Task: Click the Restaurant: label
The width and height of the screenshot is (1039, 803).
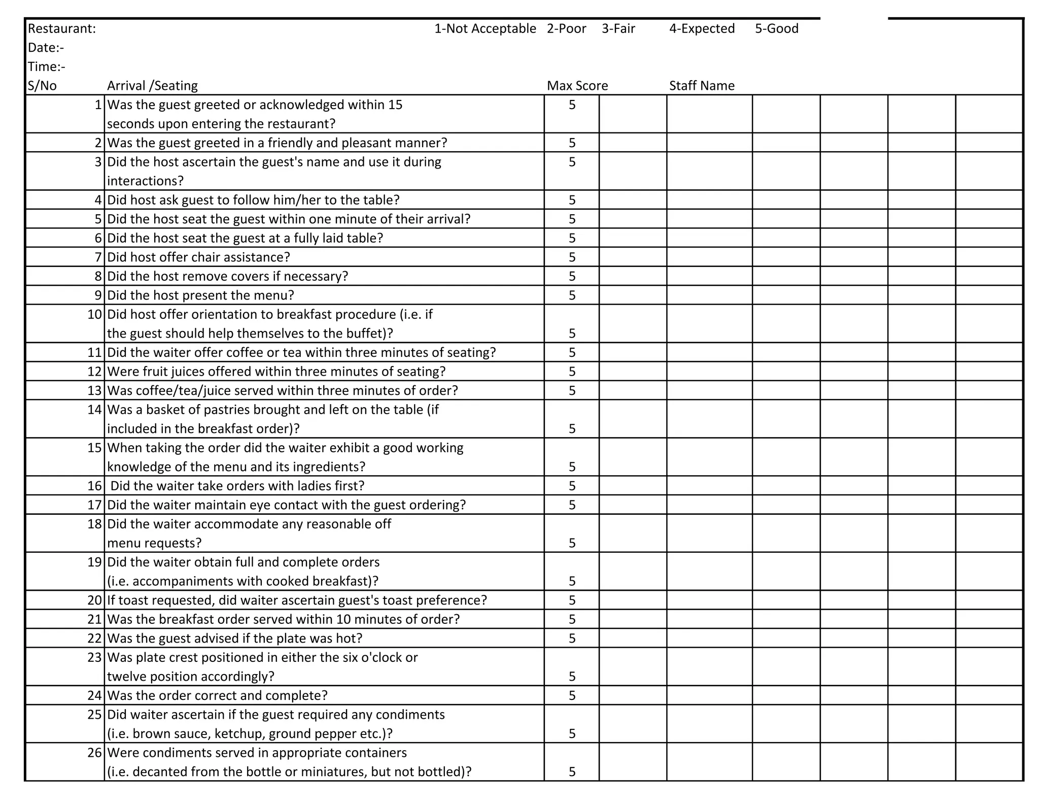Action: click(61, 29)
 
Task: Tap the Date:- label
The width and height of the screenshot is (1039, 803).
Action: click(46, 48)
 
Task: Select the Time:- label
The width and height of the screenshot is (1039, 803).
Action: click(46, 67)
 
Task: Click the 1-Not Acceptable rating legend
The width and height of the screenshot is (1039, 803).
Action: click(485, 29)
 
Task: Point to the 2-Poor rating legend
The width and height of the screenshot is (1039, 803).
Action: click(566, 29)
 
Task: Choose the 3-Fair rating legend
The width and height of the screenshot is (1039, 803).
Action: click(618, 29)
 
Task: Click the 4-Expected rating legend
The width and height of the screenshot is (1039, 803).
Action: click(702, 29)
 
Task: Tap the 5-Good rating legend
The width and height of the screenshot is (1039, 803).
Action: click(776, 29)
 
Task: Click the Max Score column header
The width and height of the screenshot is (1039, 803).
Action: click(577, 86)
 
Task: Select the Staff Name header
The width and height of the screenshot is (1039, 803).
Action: click(702, 86)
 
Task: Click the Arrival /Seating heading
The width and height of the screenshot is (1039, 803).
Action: click(152, 86)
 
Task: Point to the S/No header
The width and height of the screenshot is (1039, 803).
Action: click(42, 86)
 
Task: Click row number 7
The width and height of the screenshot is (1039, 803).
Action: click(98, 257)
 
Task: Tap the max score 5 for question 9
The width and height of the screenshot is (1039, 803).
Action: click(572, 295)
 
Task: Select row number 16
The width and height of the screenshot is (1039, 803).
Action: click(95, 486)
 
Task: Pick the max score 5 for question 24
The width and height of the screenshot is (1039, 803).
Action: click(572, 696)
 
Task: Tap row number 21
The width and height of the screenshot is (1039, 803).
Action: click(95, 620)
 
